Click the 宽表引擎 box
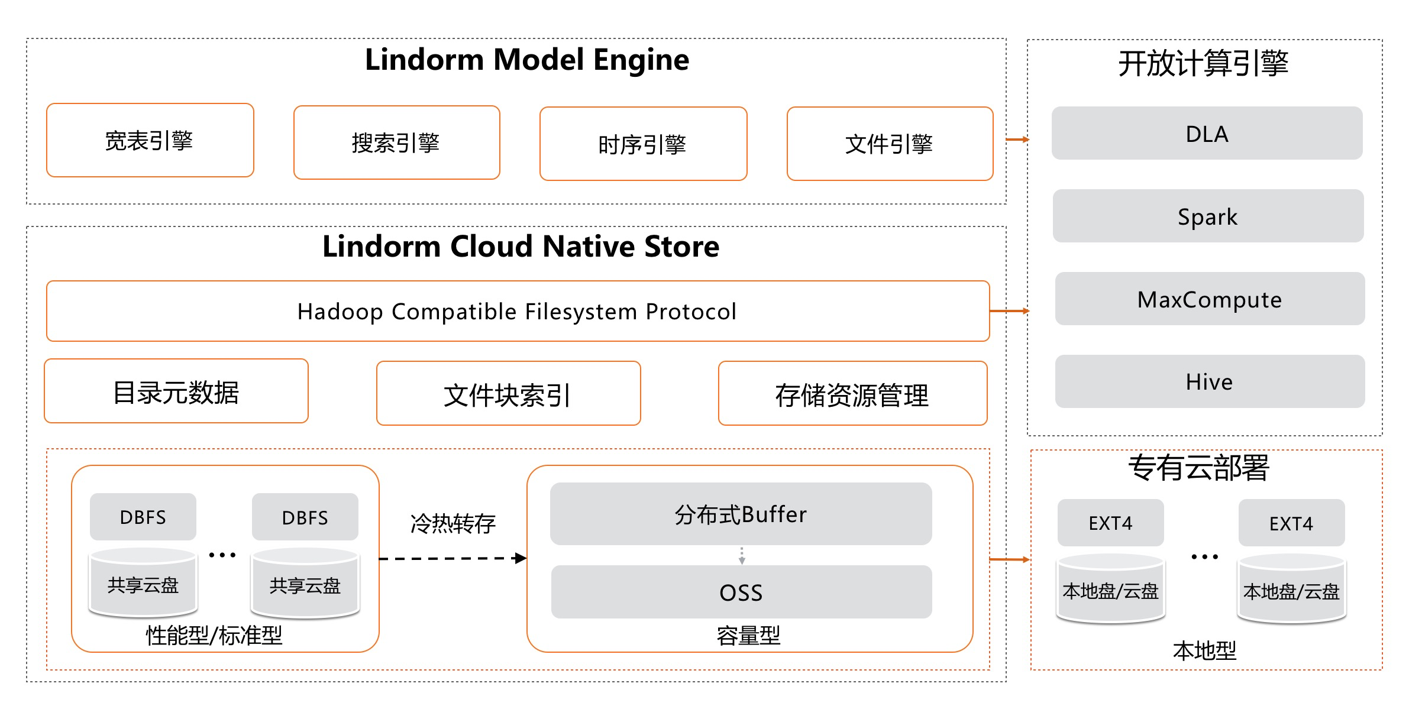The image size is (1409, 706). pyautogui.click(x=150, y=141)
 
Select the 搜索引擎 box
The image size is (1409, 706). pyautogui.click(x=396, y=143)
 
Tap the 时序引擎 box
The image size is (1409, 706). pyautogui.click(x=643, y=144)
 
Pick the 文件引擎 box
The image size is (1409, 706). pyautogui.click(x=890, y=144)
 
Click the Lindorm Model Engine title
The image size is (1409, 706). pyautogui.click(x=526, y=60)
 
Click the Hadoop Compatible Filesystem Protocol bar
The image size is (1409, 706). pyautogui.click(x=518, y=312)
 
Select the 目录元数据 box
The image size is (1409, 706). pyautogui.click(x=176, y=392)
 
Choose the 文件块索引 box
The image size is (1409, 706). pyautogui.click(x=508, y=394)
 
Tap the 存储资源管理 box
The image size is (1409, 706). pyautogui.click(x=852, y=394)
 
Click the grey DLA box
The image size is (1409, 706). pyautogui.click(x=1207, y=134)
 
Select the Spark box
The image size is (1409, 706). pyautogui.click(x=1208, y=216)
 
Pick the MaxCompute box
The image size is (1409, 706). pyautogui.click(x=1210, y=299)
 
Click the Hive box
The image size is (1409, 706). pyautogui.click(x=1210, y=382)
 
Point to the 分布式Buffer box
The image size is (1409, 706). pyautogui.click(x=741, y=514)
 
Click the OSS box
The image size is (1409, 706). pyautogui.click(x=741, y=592)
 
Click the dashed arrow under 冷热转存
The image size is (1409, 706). pyautogui.click(x=453, y=558)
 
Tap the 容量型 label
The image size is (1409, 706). pyautogui.click(x=748, y=636)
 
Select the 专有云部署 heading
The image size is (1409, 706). pyautogui.click(x=1198, y=468)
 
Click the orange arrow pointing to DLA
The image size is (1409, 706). pyautogui.click(x=1017, y=140)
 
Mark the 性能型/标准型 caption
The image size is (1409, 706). pyautogui.click(x=214, y=636)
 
